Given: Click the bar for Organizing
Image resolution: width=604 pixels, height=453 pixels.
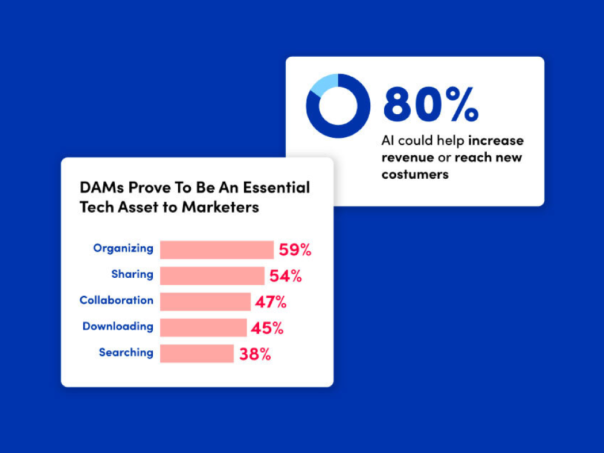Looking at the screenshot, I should (216, 249).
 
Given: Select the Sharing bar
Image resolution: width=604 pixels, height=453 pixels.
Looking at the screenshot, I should (212, 275).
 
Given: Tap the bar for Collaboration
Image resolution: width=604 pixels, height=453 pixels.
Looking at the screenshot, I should (205, 301).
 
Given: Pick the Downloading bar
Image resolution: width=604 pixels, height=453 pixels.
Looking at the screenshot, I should (203, 327).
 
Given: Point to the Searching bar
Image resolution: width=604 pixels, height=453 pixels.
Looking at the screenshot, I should (196, 353).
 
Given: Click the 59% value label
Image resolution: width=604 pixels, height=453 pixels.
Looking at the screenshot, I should (295, 250).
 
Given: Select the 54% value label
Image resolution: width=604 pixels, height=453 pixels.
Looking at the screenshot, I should (285, 276).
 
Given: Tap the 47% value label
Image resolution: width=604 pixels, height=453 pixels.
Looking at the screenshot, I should (271, 302).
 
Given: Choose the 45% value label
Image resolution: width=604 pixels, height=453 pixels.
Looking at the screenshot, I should (267, 328).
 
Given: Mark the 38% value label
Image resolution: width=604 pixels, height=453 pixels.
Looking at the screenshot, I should (255, 354).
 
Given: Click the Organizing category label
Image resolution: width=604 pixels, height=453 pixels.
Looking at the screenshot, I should (123, 248).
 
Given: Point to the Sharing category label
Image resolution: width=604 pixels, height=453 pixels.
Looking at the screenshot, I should (132, 274).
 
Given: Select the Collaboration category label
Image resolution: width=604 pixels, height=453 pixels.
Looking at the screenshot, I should (117, 300).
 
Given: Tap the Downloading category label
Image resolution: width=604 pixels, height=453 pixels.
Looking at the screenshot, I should (118, 326).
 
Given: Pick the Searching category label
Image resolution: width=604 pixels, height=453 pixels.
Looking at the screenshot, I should (126, 352).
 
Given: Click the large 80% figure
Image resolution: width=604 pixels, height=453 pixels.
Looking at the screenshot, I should (431, 104).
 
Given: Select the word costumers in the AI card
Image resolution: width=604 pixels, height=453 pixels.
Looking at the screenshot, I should (415, 174).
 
